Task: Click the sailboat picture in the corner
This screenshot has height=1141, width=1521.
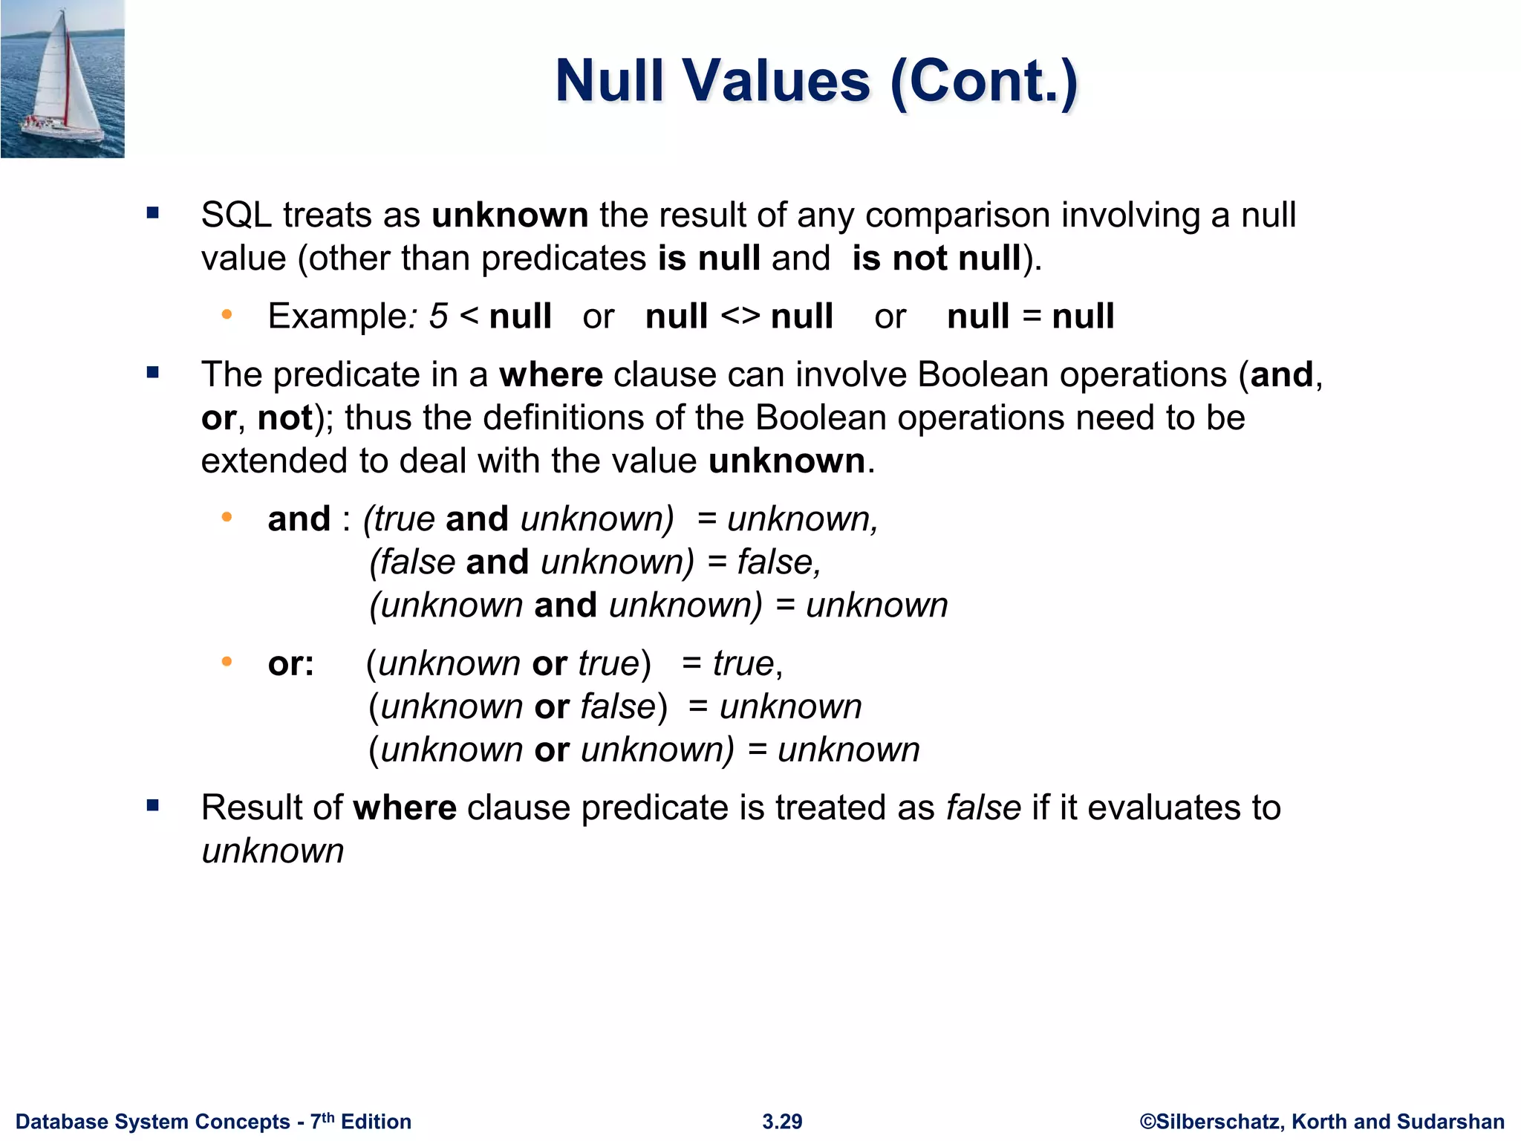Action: point(62,79)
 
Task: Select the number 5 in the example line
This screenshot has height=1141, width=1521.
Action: point(438,316)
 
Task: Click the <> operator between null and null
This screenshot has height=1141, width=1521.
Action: point(740,316)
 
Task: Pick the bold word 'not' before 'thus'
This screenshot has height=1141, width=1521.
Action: point(284,417)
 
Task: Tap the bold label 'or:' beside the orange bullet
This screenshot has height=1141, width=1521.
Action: point(290,663)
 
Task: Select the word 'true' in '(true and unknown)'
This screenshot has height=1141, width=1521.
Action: point(404,519)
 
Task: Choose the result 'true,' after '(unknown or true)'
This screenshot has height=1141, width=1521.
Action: point(747,663)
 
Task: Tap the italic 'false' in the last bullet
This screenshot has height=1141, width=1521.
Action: point(983,807)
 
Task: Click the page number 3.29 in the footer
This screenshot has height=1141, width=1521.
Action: point(782,1122)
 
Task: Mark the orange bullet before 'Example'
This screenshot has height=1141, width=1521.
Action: point(227,315)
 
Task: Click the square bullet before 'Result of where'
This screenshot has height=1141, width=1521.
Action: point(153,805)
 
